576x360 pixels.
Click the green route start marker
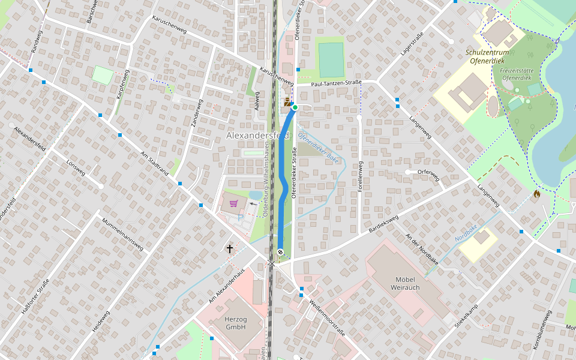click(295, 107)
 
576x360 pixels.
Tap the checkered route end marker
click(280, 252)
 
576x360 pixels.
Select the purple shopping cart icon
click(233, 203)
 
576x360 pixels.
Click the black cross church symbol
click(229, 248)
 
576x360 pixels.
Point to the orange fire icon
click(536, 194)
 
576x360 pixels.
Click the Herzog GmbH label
click(236, 323)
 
